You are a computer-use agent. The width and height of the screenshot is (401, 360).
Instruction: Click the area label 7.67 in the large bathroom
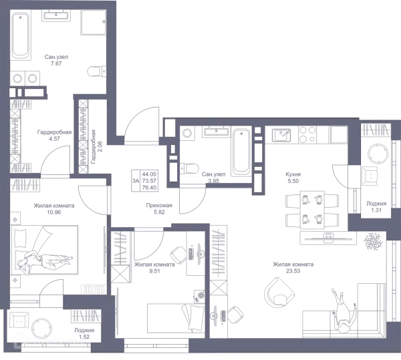[x=56, y=63]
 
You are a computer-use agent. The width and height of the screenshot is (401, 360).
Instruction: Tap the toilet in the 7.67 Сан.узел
[x=96, y=71]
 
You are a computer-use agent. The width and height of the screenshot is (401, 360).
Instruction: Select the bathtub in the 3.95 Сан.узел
[x=241, y=151]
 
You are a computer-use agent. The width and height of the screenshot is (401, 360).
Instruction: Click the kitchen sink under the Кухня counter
[x=281, y=135]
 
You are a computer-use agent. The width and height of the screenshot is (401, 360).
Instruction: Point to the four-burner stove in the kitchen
[x=307, y=135]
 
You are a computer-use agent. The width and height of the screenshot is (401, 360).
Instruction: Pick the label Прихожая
[x=159, y=205]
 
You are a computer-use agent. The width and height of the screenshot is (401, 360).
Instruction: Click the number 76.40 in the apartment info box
[x=149, y=188]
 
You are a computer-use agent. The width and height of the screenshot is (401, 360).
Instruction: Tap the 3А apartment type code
[x=136, y=181]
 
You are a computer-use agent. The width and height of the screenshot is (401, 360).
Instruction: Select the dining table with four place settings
[x=312, y=210]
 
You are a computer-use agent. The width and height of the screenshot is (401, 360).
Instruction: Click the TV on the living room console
[x=328, y=238]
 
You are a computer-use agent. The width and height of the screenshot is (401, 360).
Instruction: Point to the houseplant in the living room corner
[x=374, y=241]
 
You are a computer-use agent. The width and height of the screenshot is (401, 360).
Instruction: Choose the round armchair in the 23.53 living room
[x=279, y=293]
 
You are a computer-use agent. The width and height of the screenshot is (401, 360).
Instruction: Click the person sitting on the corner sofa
[x=343, y=311]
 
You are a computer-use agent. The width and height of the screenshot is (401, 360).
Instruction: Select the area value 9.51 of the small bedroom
[x=155, y=271]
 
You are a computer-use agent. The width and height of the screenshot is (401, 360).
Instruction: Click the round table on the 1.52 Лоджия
[x=41, y=328]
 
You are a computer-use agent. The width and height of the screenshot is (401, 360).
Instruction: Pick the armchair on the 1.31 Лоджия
[x=370, y=176]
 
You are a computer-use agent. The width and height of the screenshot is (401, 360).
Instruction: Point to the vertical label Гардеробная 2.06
[x=96, y=146]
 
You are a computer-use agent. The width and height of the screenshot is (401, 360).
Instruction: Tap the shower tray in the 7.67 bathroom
[x=94, y=22]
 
